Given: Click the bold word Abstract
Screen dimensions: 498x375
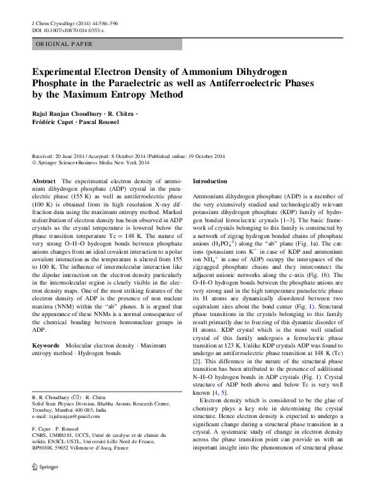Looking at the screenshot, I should (x=43, y=181).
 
